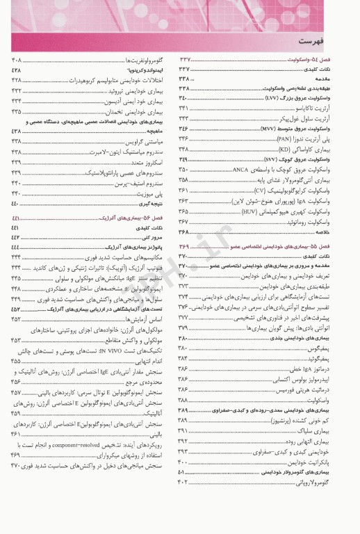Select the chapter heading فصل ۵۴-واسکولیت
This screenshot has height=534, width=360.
[325, 60]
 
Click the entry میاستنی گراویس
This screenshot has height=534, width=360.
[149, 141]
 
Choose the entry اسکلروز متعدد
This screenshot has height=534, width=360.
[152, 161]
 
